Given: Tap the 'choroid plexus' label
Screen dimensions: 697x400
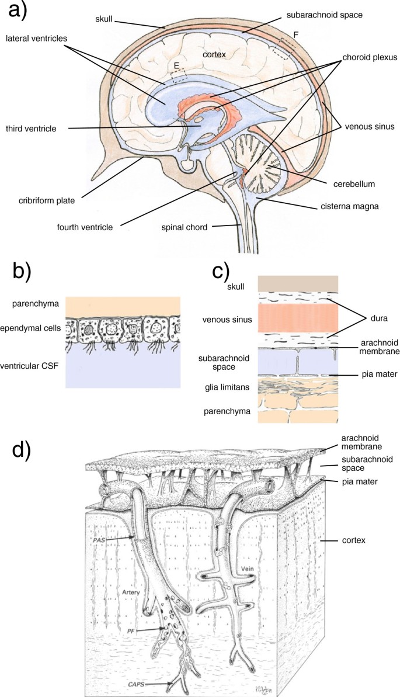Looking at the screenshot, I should [370, 58].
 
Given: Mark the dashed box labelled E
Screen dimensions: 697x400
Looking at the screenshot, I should [179, 74].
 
